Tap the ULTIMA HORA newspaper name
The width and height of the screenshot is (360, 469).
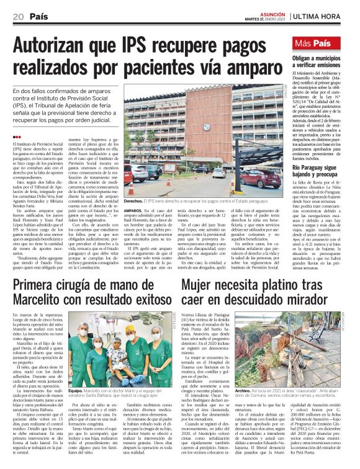point(326,15)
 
